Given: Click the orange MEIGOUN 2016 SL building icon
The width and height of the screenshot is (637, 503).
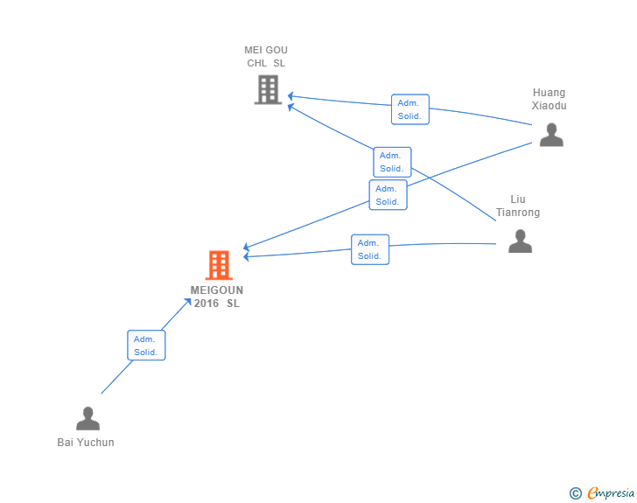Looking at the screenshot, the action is coord(219,265).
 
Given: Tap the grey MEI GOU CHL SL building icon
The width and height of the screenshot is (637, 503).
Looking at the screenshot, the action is coord(268,90).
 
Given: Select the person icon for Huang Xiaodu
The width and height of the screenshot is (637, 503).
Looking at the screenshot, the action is coord(551,135).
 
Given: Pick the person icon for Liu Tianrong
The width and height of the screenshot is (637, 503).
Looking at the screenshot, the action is coord(520,241).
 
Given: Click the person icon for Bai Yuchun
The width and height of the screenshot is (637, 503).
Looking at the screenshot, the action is coord(87,418).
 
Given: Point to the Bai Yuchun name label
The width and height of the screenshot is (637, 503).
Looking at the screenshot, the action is coord(86,443).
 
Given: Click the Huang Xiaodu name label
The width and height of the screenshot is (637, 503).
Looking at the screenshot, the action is coord(549,99).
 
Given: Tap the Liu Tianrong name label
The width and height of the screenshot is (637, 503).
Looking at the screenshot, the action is coord(518,206).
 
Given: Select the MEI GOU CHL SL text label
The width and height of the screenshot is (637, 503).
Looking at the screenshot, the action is coord(266,57).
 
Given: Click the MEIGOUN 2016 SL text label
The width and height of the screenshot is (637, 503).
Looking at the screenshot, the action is coord(217,297).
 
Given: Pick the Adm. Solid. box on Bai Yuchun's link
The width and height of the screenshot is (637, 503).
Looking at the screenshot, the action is coord(146,346).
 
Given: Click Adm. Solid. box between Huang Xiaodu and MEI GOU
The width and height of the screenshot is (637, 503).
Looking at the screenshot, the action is coord(410,109).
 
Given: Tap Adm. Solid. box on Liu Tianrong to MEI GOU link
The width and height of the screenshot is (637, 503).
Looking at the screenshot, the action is coord(392,162).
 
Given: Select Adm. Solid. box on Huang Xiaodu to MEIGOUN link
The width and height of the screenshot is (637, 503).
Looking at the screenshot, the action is coord(388,195).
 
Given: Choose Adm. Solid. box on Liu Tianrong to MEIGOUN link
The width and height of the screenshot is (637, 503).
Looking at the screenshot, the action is coord(370,249).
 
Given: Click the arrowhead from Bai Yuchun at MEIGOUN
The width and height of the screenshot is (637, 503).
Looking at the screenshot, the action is coord(188,301).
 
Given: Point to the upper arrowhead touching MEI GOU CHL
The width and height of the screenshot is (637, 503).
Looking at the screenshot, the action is coord(290,96).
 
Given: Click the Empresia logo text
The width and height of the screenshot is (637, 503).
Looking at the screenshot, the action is coord(611,493).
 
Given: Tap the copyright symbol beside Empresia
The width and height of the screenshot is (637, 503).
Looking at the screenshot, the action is coord(576,493).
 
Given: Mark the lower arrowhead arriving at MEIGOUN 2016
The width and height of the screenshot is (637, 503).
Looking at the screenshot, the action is coord(246,256).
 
